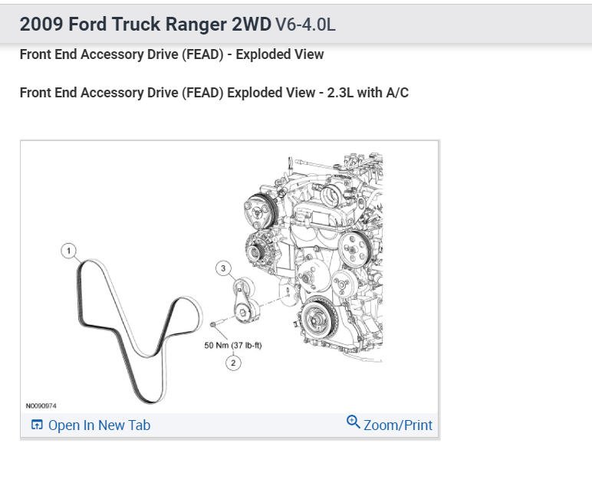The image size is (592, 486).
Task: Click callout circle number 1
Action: point(69,251)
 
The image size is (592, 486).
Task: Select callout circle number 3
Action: point(223,268)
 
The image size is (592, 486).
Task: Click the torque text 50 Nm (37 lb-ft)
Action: point(233,345)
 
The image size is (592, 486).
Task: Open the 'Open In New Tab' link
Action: point(99,425)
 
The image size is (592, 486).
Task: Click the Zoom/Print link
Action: point(397,425)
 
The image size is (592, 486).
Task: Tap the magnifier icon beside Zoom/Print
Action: point(354,422)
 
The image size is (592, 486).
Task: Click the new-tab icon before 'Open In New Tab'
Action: point(37,425)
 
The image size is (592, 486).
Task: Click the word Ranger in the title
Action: point(192,25)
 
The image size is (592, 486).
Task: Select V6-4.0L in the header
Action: point(305,25)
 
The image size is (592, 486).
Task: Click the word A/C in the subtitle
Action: point(396,93)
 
